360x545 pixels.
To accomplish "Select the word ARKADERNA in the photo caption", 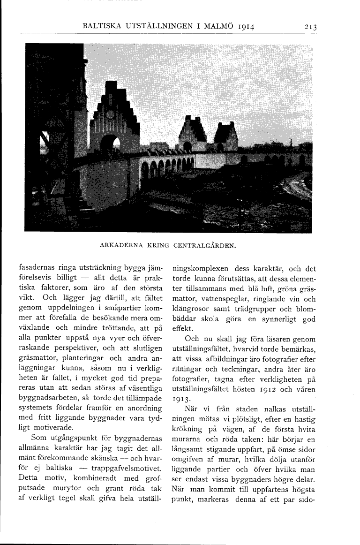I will [120, 245].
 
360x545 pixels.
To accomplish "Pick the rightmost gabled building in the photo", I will [226, 136].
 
